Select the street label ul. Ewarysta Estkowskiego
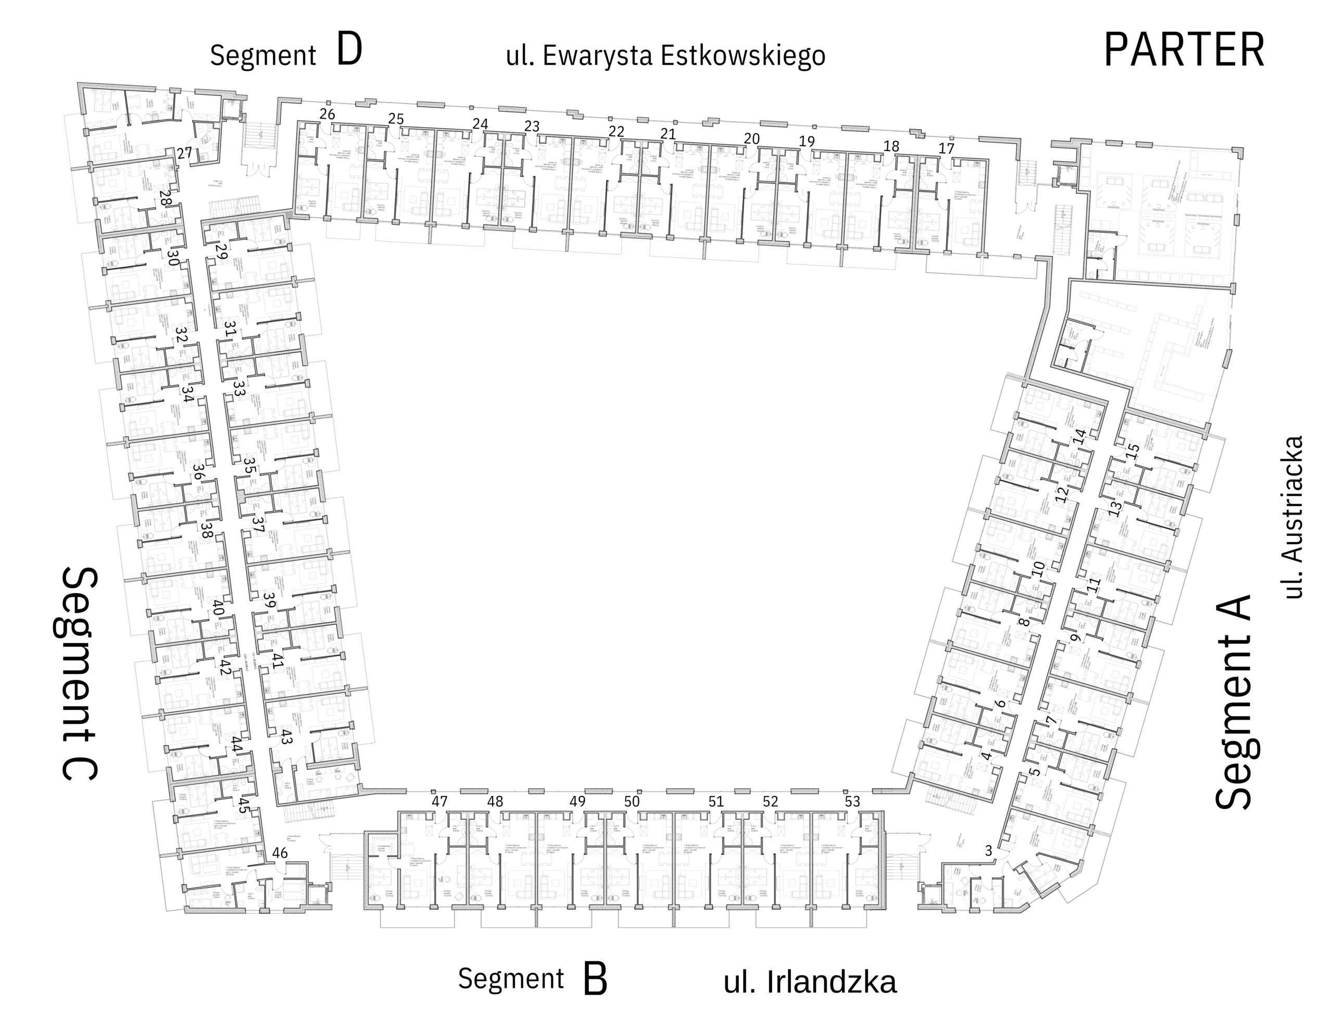[x=665, y=56]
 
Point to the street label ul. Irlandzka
[x=810, y=982]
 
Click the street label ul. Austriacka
[x=1293, y=517]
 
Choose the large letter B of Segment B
[x=595, y=979]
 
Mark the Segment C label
[x=80, y=673]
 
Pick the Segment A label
[x=1234, y=702]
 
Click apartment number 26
[x=327, y=114]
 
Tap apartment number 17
[x=946, y=148]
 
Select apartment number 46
[x=280, y=853]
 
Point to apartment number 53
[x=852, y=801]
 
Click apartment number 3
[x=989, y=850]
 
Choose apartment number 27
[x=184, y=153]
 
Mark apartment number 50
[x=632, y=801]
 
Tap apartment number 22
[x=617, y=131]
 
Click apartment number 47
[x=439, y=801]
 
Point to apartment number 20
[x=751, y=139]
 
